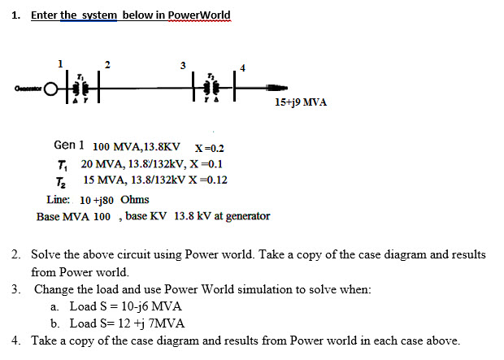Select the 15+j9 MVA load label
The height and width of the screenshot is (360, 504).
point(300,103)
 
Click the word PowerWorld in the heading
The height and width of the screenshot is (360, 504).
point(200,15)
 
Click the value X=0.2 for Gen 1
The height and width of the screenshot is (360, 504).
point(210,148)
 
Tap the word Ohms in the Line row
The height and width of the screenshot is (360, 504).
point(134,199)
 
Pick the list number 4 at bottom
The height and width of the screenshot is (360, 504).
point(17,340)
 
